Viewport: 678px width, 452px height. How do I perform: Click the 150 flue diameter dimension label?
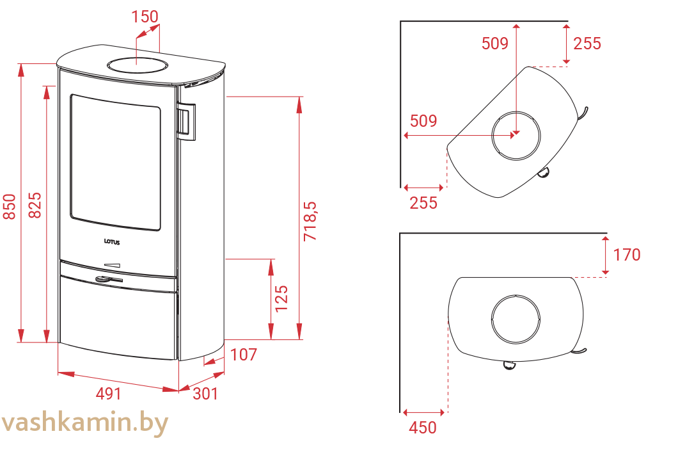[x=145, y=17]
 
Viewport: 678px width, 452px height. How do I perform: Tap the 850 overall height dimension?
[x=10, y=207]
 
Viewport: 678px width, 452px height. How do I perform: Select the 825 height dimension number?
[x=35, y=206]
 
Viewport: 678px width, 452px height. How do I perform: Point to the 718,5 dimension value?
[x=310, y=221]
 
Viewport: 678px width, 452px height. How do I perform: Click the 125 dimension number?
[x=281, y=298]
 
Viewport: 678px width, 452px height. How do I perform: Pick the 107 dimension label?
[x=244, y=355]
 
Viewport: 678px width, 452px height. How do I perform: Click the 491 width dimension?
[x=109, y=394]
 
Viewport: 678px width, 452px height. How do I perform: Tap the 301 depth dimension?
[x=205, y=394]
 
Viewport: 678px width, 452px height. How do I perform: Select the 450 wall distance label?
[x=422, y=428]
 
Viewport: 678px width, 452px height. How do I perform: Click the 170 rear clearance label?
[x=627, y=255]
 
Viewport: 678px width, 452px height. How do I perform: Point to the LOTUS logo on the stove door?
[x=112, y=242]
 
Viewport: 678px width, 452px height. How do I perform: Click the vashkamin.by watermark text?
[x=84, y=423]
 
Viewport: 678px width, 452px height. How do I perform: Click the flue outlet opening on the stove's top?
[x=137, y=66]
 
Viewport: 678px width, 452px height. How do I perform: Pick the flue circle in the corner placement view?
[x=516, y=111]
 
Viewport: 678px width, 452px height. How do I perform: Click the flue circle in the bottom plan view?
[x=516, y=295]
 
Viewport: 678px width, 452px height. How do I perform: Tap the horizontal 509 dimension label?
[x=423, y=121]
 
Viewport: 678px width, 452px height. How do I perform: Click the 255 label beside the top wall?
[x=587, y=44]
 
